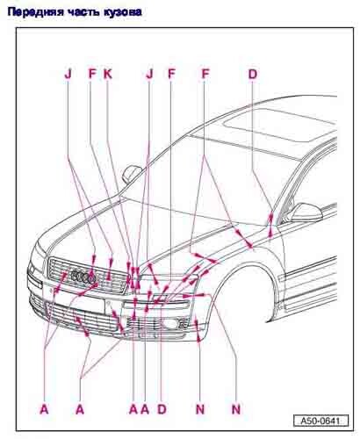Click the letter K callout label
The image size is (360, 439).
(108, 74)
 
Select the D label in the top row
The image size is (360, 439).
(253, 74)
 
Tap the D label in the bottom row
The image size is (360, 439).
(162, 409)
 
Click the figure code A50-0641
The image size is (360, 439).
(320, 421)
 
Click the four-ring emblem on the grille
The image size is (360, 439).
(84, 277)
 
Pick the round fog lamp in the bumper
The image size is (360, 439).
(169, 323)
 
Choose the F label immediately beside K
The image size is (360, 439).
(92, 74)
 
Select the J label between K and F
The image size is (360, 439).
(149, 74)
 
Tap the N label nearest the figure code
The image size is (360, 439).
(236, 409)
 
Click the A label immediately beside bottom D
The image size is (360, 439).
(145, 409)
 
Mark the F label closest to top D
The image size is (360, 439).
(205, 74)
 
